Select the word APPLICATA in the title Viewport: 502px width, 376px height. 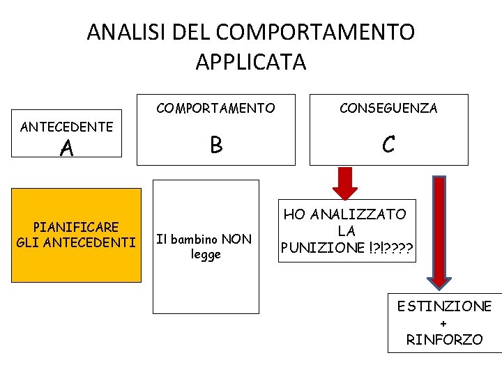[x=251, y=62]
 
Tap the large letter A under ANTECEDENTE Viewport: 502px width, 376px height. [x=67, y=148]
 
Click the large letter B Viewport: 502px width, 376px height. [x=216, y=145]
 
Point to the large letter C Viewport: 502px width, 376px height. [x=388, y=145]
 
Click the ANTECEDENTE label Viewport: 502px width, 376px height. [x=67, y=127]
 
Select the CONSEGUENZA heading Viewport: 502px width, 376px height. [x=388, y=108]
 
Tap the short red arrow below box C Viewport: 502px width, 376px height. [x=345, y=183]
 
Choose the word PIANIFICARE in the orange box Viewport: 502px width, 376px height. [x=76, y=227]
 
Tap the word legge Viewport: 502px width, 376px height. [x=206, y=254]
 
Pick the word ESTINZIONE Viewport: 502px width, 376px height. [x=445, y=306]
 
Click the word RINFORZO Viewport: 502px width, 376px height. [x=445, y=340]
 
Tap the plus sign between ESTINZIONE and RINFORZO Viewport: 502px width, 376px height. [x=444, y=324]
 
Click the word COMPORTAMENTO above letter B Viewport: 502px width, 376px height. [x=215, y=108]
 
